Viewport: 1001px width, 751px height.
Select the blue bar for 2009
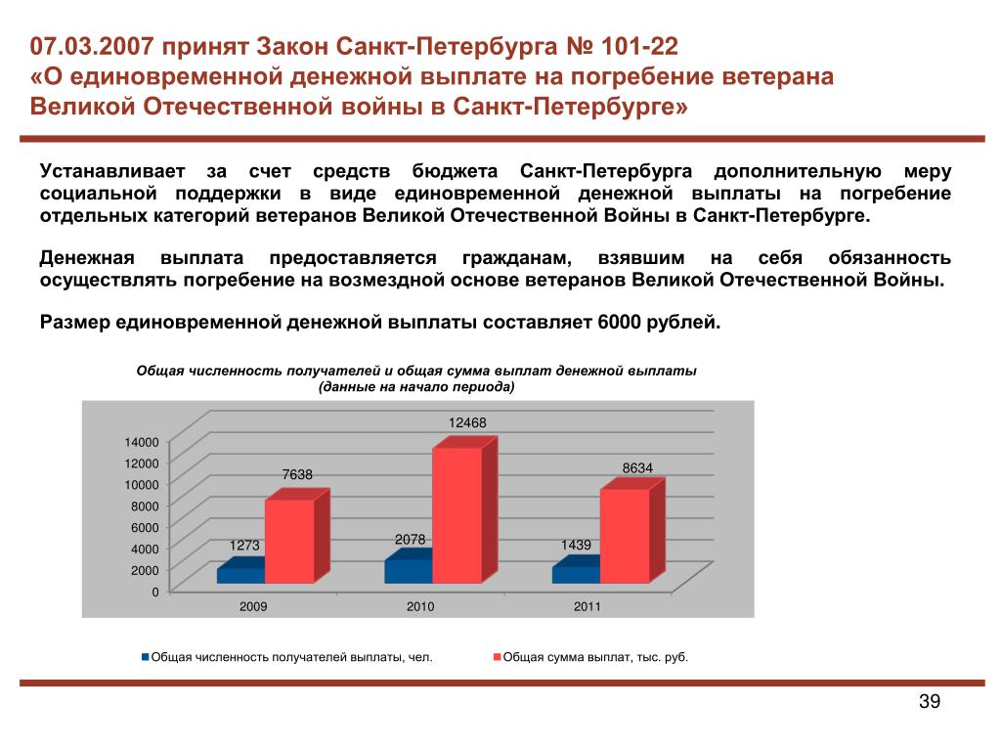point(241,570)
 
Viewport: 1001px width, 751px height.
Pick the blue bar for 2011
point(577,569)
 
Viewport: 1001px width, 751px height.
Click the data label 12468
point(467,422)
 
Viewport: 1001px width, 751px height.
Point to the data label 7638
point(297,474)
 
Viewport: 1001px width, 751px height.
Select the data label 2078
point(410,540)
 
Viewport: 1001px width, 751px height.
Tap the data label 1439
point(576,545)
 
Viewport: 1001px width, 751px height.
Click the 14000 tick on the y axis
point(142,442)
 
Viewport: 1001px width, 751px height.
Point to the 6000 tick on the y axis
point(145,527)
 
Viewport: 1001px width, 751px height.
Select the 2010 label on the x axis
point(420,606)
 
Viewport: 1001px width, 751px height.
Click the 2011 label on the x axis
point(588,606)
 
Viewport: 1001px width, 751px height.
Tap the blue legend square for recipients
point(146,656)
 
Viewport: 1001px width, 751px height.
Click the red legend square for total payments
point(498,656)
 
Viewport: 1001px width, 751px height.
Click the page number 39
point(930,701)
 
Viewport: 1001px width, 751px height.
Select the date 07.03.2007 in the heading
point(91,46)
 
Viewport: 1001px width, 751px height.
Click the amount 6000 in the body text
point(619,322)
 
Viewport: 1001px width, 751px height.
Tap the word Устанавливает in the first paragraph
point(112,171)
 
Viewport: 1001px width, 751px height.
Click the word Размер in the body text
point(74,323)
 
